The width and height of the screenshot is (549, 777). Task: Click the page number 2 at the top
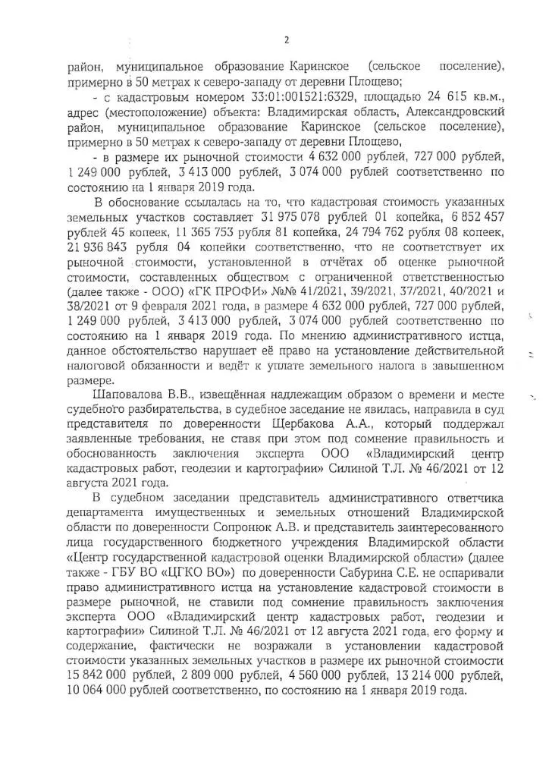click(x=286, y=40)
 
